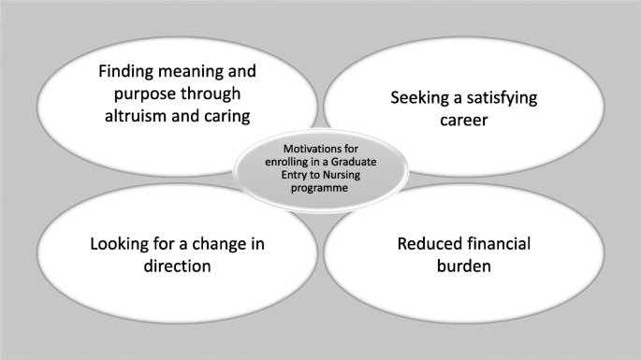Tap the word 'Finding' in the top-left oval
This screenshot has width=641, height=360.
(126, 71)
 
